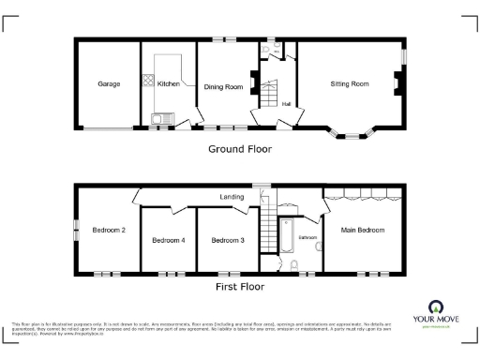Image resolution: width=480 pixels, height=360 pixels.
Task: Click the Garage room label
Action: click(109, 84)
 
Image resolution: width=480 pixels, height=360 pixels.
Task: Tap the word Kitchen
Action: click(169, 84)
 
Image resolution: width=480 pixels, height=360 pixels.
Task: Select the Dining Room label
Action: click(223, 87)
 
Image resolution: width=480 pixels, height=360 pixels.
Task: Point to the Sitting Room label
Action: click(349, 84)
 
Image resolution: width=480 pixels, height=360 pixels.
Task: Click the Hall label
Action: click(286, 104)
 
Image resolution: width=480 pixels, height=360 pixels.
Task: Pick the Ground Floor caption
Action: click(239, 148)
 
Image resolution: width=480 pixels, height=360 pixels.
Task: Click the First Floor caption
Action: click(239, 287)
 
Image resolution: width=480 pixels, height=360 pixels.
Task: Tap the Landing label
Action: click(232, 198)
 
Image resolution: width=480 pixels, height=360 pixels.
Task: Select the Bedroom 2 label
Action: click(109, 230)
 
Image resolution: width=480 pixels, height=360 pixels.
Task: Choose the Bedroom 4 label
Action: click(169, 241)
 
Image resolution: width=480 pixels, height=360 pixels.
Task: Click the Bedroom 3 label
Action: click(228, 241)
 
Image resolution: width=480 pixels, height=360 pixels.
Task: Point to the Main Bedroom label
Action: click(362, 230)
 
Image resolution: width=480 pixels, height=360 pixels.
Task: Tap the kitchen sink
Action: click(159, 118)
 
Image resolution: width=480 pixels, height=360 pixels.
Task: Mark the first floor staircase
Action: click(263, 234)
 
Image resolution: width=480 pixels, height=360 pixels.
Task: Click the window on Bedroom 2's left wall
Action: click(77, 230)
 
